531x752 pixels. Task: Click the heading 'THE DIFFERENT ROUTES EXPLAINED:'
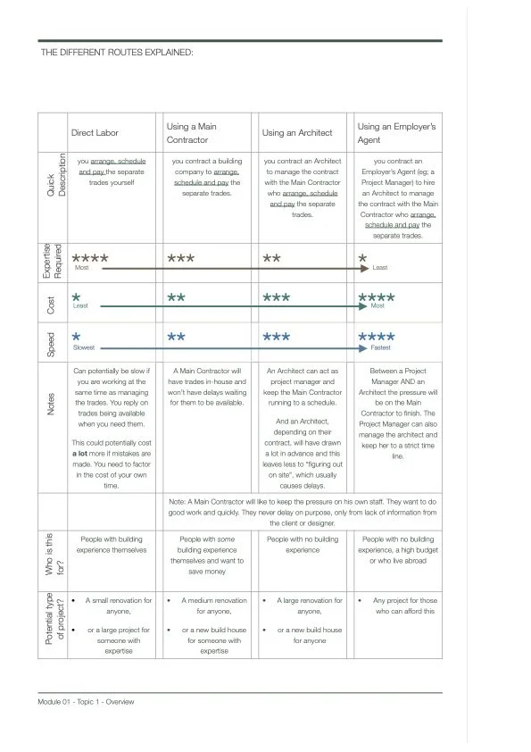[x=117, y=53]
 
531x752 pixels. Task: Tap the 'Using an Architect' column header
[x=297, y=133]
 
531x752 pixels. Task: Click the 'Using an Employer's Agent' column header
[x=396, y=133]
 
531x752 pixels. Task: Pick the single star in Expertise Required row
[x=362, y=259]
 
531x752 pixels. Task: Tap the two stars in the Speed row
[x=177, y=338]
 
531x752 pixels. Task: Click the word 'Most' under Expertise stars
[x=81, y=268]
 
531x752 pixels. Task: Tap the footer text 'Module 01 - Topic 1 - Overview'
[x=87, y=701]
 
